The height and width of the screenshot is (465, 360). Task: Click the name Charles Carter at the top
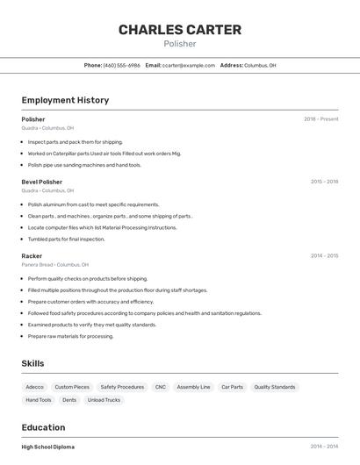180,30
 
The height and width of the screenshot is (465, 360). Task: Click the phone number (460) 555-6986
121,65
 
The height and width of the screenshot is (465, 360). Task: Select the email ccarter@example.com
188,65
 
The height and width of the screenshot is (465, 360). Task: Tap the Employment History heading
65,100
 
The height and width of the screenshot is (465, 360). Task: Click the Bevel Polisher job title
42,182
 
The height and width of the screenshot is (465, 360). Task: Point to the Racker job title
32,256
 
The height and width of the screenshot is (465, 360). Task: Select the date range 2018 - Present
320,119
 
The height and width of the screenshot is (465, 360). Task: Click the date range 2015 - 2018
324,182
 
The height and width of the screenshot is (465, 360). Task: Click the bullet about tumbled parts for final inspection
66,239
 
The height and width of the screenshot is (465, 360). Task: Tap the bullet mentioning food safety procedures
144,313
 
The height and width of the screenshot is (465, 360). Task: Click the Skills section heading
32,363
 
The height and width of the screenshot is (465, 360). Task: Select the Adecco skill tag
34,387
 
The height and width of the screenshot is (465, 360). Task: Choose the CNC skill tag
160,387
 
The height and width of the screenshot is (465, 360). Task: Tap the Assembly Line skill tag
193,387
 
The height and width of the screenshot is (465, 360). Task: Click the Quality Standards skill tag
275,387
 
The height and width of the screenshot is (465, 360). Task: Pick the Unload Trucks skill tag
104,400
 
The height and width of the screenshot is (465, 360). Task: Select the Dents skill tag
69,400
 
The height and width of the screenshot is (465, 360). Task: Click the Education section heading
44,427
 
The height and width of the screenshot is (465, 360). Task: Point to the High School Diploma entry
47,447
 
